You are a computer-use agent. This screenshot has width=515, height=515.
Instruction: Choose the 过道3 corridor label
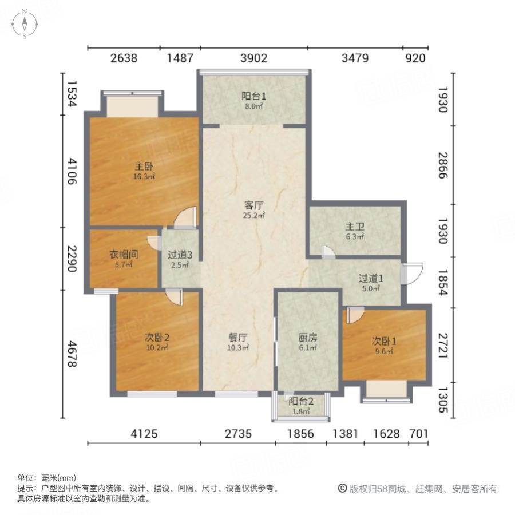point(180,255)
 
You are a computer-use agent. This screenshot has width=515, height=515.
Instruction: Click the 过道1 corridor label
point(370,279)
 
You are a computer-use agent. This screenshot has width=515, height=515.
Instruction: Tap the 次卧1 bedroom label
point(384,341)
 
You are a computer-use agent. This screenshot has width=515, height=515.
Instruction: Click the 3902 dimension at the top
point(253,58)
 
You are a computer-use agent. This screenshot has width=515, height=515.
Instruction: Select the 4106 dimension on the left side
point(71,172)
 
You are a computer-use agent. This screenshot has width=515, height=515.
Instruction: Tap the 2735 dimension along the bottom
point(237,434)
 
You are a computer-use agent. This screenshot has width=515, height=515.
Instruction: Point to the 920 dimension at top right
point(415,58)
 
